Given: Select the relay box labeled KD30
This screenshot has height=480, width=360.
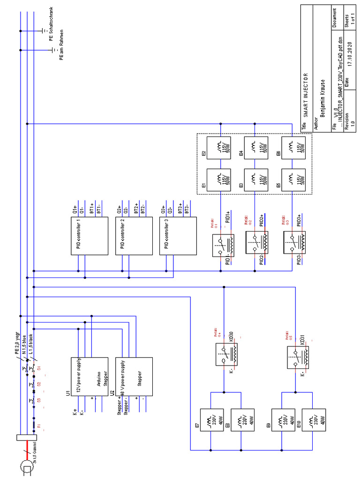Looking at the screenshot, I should pyautogui.click(x=226, y=354).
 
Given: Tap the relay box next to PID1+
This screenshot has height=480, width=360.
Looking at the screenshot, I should pyautogui.click(x=223, y=245).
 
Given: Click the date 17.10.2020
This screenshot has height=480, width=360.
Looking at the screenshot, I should pyautogui.click(x=349, y=56).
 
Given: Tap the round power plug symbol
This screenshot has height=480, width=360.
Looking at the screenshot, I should pyautogui.click(x=27, y=467).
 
